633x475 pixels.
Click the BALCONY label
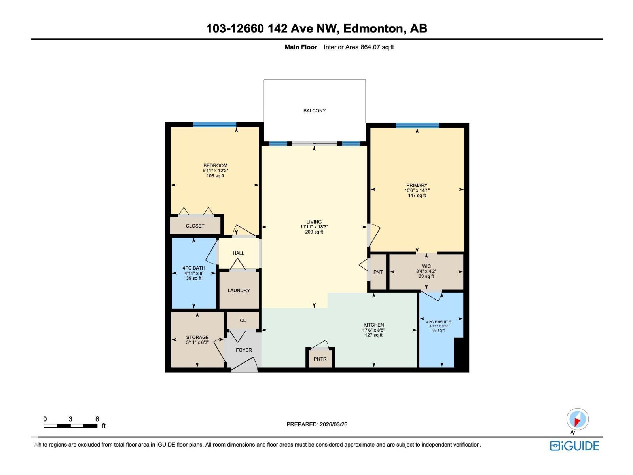(x=315, y=111)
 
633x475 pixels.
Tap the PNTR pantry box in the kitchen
(x=320, y=359)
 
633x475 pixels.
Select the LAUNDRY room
(x=239, y=290)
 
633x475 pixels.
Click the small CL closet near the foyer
(x=243, y=321)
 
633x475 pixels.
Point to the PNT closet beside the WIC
(x=378, y=272)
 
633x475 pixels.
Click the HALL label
(x=239, y=253)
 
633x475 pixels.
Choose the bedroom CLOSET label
(x=195, y=226)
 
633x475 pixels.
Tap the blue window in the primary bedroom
(x=417, y=125)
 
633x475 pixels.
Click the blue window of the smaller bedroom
(x=214, y=125)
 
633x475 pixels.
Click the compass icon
(x=577, y=419)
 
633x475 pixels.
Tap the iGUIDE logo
(x=574, y=446)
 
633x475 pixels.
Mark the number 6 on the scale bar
(x=97, y=419)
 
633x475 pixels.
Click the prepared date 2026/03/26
(x=333, y=424)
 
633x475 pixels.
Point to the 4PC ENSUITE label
(x=438, y=322)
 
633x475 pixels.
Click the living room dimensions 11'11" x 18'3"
(x=314, y=227)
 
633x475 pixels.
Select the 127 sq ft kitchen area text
(x=373, y=335)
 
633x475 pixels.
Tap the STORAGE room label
(x=197, y=338)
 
